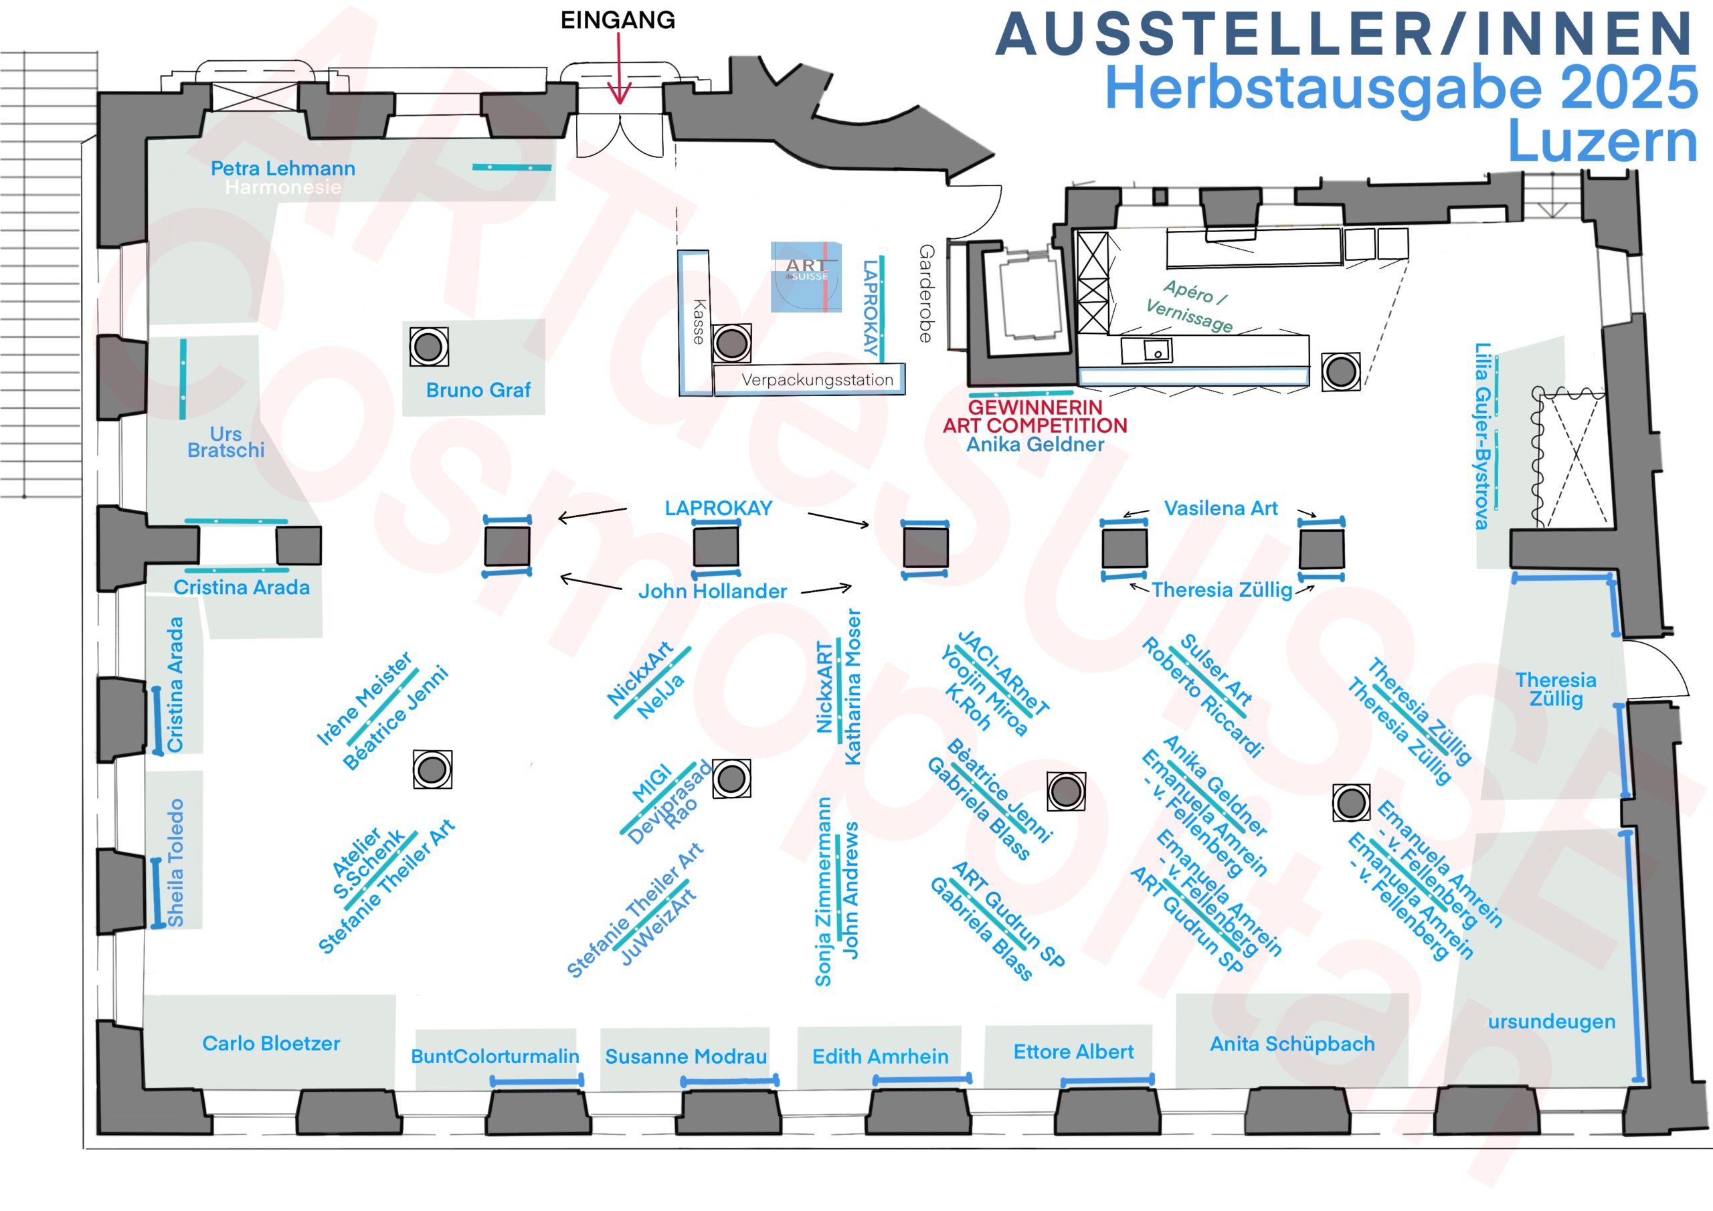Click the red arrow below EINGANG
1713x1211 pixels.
point(618,71)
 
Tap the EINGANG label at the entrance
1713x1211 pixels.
point(618,20)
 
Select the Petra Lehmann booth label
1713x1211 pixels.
point(283,169)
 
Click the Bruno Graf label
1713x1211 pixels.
point(478,390)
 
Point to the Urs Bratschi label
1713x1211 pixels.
point(226,442)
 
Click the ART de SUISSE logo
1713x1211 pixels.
point(806,276)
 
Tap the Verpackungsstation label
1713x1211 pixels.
point(817,380)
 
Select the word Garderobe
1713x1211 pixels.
point(926,293)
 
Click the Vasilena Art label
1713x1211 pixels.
point(1221,509)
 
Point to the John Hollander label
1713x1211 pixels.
point(713,591)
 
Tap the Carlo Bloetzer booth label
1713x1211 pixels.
point(271,1043)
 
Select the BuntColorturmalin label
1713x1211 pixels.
point(494,1056)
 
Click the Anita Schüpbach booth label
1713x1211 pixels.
point(1291,1044)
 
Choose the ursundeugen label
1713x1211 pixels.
point(1551,1022)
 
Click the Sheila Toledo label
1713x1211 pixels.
point(175,862)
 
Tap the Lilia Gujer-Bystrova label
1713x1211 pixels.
point(1482,436)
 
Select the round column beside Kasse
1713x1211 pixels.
point(731,343)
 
